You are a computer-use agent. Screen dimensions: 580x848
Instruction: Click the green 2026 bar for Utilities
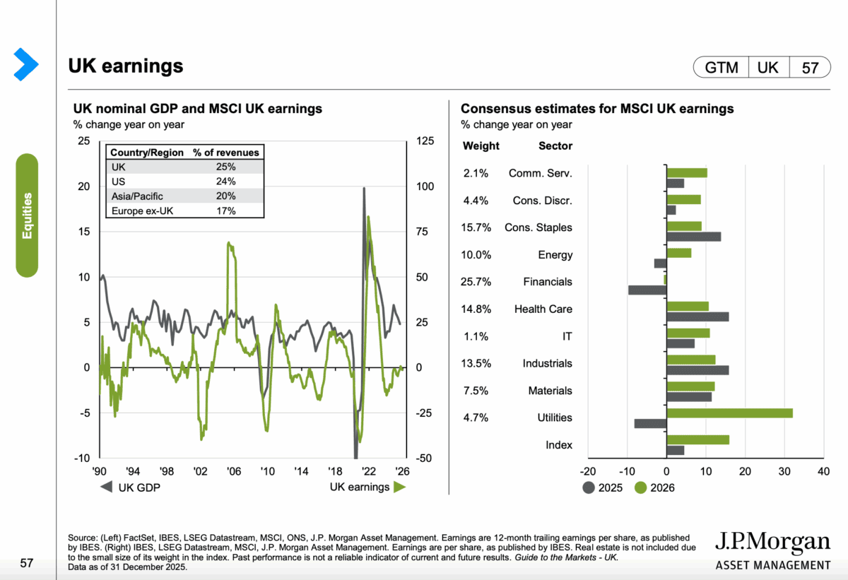coord(729,413)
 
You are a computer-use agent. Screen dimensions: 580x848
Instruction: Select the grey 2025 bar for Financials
coord(647,290)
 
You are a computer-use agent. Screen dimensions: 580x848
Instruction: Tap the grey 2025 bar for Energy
coord(660,263)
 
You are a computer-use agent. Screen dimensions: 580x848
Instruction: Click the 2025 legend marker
coord(589,487)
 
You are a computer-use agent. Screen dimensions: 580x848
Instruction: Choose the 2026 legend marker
coord(641,487)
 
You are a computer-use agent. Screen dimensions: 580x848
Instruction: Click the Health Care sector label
coord(543,309)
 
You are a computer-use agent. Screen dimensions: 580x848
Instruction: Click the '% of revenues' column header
coord(226,152)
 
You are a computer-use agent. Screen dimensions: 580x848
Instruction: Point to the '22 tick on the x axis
coord(369,471)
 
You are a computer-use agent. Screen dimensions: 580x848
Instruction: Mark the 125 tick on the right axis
coord(424,141)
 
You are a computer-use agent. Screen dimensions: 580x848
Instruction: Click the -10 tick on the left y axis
coord(83,458)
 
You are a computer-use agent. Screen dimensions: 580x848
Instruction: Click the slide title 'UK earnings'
coord(126,66)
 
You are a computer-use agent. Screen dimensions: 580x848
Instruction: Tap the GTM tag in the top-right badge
coord(721,68)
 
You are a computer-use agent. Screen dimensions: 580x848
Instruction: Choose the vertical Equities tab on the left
coord(27,215)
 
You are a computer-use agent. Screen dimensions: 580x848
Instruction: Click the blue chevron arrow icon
coord(25,64)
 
